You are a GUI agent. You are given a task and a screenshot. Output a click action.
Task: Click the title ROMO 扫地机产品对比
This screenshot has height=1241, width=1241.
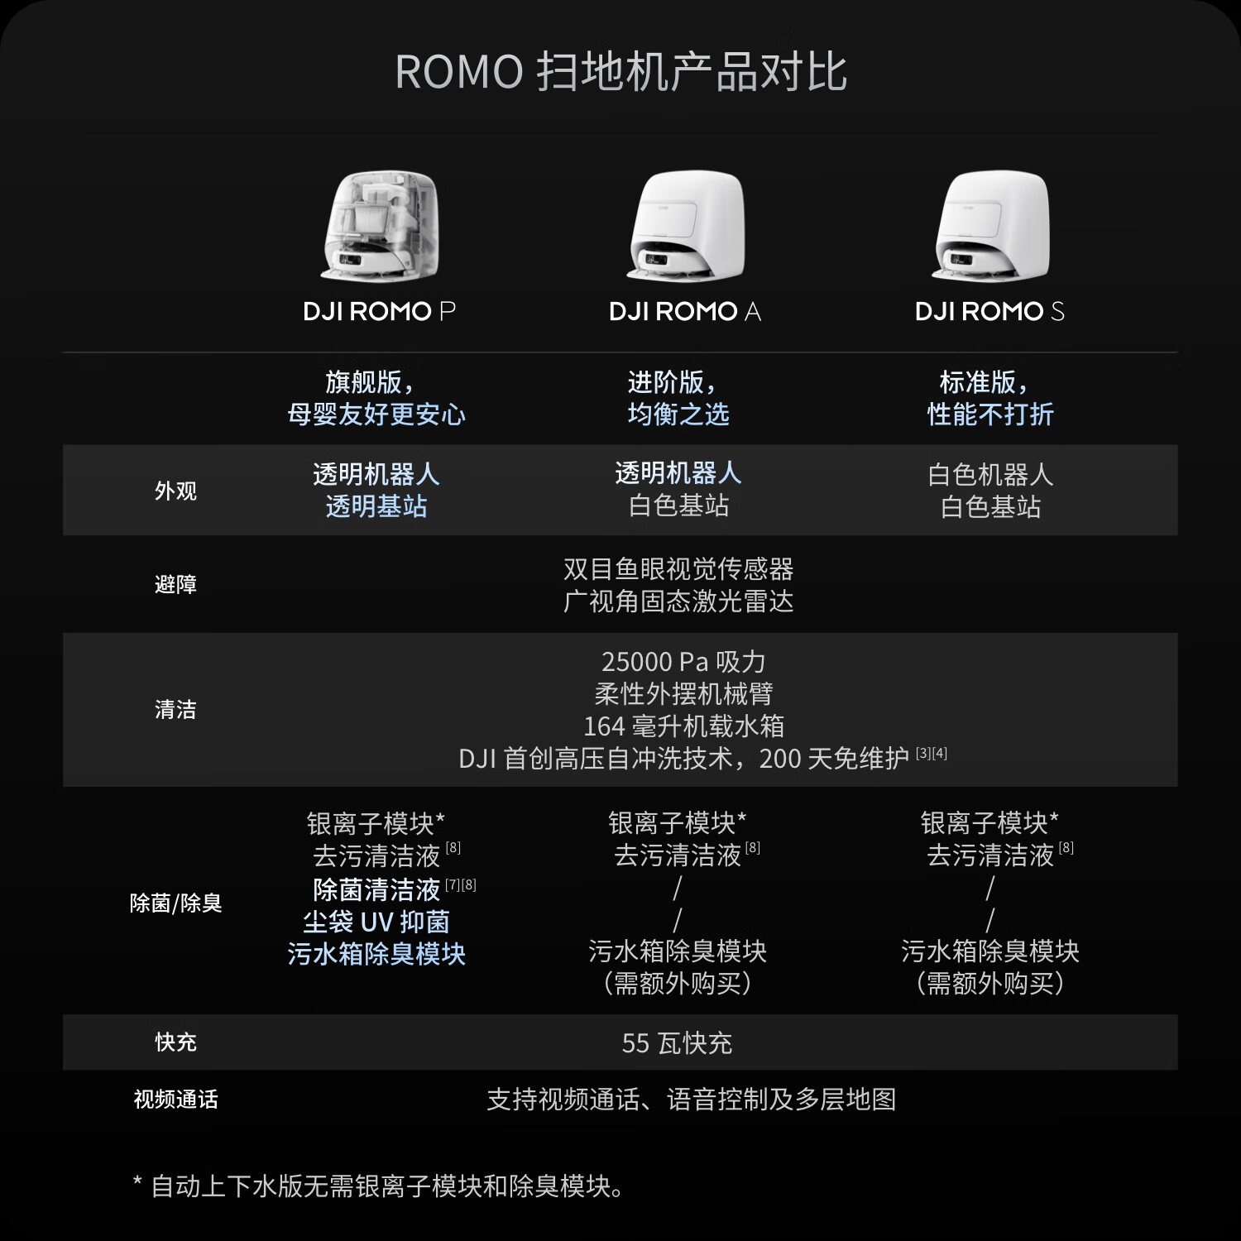point(620,72)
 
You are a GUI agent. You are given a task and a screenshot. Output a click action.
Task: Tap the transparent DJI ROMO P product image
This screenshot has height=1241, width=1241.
point(380,225)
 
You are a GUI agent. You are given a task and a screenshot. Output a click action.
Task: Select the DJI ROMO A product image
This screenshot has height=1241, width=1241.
point(686,225)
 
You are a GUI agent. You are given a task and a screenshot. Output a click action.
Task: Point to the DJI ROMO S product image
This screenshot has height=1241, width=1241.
point(991,225)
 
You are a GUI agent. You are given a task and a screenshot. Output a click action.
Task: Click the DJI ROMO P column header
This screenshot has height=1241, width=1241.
point(380,312)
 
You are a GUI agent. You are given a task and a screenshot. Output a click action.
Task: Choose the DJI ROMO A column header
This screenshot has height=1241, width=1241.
point(685,312)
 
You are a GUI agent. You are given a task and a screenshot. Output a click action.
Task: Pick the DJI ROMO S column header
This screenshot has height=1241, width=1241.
point(990,312)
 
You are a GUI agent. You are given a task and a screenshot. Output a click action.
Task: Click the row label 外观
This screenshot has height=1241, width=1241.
point(175,491)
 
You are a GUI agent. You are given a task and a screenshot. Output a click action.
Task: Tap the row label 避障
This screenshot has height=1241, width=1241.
point(175,584)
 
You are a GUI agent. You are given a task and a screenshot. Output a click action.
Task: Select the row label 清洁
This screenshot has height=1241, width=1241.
point(175,709)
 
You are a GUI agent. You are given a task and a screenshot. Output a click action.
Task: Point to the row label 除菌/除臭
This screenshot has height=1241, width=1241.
point(175,903)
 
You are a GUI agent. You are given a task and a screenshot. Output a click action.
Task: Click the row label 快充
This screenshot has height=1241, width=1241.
point(175,1042)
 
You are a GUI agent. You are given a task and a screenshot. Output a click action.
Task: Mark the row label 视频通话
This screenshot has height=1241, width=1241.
point(175,1099)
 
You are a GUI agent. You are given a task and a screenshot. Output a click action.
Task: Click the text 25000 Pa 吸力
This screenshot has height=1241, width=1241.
point(683,662)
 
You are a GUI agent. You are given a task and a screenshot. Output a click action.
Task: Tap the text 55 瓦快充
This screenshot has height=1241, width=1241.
point(677,1043)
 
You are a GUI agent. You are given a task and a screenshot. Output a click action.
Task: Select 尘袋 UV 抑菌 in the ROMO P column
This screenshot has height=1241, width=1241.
point(376,922)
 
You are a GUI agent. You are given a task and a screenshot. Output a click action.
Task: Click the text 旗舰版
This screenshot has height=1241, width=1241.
point(364,382)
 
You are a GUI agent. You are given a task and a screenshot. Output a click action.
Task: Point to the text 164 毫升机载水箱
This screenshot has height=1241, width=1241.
point(683,726)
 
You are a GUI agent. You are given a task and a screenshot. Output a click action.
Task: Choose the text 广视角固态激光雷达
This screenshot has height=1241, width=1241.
point(678,601)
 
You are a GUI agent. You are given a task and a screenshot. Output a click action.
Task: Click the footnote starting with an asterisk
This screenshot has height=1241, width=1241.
point(378,1186)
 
